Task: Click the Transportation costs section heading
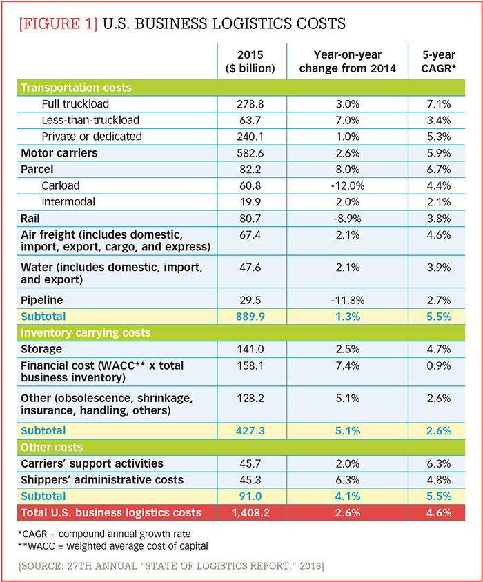76,88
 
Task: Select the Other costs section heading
52,447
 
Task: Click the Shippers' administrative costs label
102,479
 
